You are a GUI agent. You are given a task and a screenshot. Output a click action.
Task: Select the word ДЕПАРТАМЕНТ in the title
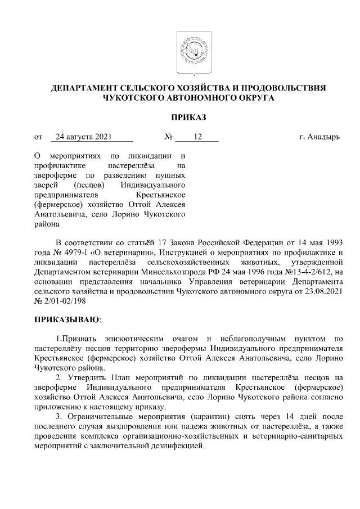click(x=84, y=88)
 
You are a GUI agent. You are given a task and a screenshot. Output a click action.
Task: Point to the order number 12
click(x=197, y=137)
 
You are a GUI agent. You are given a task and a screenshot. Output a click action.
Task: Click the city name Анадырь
click(x=323, y=137)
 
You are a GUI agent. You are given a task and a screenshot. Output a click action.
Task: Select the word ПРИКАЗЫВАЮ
click(x=66, y=319)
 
